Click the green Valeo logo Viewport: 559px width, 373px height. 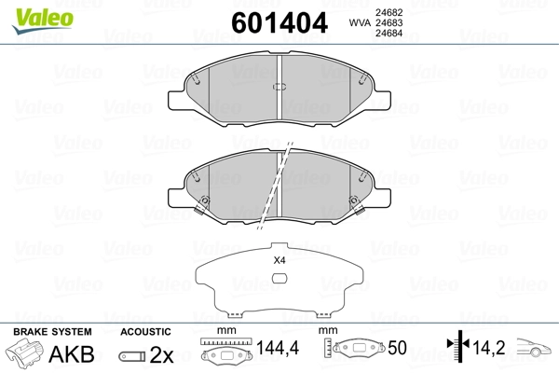pos(43,21)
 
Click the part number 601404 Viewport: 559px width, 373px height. pos(279,22)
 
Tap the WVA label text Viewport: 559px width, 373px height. pos(360,22)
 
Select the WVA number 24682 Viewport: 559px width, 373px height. pos(389,12)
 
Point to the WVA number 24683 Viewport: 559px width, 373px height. pos(389,22)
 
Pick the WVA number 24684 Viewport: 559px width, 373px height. pos(389,34)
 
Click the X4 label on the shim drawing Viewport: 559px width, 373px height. pos(279,260)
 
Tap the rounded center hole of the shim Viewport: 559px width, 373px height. pos(279,278)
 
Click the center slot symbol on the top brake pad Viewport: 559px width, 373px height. pos(279,87)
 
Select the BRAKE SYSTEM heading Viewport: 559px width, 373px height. pos(52,332)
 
